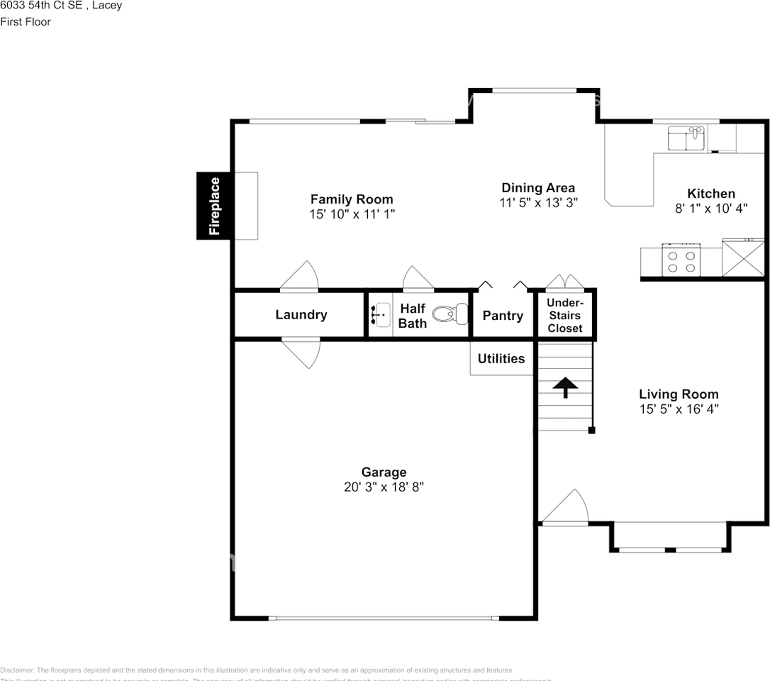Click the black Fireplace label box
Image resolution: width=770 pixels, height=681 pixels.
coord(213,206)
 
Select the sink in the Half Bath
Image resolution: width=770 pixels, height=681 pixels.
coord(381,314)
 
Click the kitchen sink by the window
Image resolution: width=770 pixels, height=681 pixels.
coord(686,138)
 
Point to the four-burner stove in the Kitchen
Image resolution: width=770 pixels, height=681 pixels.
coord(681,260)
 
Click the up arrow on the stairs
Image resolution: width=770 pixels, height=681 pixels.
coord(565,387)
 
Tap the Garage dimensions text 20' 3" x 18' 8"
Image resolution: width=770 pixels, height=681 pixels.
coord(384,487)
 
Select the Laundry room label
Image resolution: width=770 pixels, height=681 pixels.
coord(301,315)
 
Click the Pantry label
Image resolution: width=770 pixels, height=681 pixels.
coord(503,316)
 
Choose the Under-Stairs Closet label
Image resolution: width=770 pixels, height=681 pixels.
coord(564,316)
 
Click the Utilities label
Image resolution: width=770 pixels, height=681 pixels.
coord(501,359)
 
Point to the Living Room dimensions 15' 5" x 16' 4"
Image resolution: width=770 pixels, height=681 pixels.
coord(679,409)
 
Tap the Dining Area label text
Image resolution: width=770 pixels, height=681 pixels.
coord(538,188)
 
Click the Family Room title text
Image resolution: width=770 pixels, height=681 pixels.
coord(352,199)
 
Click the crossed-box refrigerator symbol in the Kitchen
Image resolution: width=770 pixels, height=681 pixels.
coord(743,259)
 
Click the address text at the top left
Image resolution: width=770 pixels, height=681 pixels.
coord(61,6)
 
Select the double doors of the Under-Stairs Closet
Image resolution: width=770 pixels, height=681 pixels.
coord(565,282)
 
